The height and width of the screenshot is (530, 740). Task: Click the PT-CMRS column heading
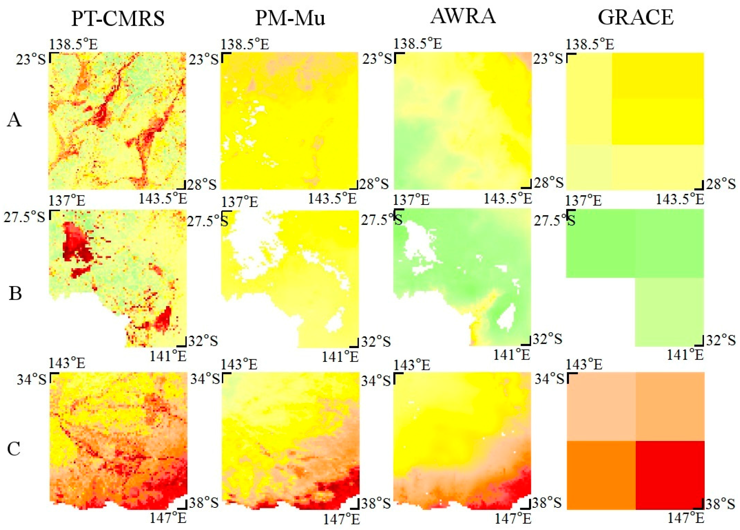tap(118, 18)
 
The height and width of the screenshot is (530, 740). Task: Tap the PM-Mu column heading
tap(290, 18)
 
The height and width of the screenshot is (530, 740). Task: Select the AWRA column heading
tap(463, 16)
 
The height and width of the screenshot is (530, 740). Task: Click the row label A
tap(14, 120)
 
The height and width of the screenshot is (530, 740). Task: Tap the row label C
tap(14, 449)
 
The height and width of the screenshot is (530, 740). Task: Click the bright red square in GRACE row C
tap(670, 475)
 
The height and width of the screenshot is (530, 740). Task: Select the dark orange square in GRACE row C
tap(601, 475)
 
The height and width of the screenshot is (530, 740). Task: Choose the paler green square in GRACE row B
tap(669, 312)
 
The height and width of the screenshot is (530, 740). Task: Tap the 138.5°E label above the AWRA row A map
tap(417, 44)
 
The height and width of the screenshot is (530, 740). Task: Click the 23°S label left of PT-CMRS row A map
tap(31, 59)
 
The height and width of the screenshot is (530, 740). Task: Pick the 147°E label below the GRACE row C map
tap(685, 518)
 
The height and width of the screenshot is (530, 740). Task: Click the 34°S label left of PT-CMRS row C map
tap(32, 379)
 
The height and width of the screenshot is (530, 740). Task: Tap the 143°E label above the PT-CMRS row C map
tap(67, 363)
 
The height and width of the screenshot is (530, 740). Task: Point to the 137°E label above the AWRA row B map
tap(411, 200)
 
